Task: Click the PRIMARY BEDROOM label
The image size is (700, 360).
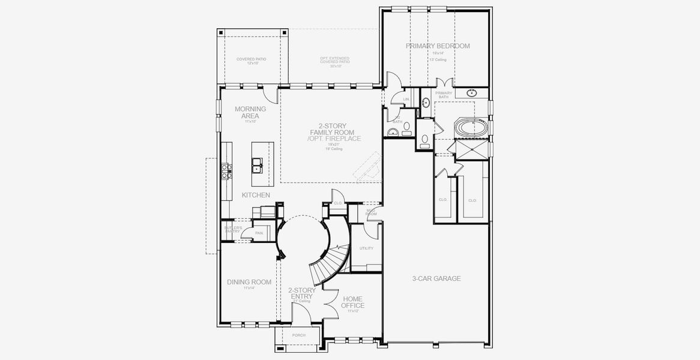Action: point(438,46)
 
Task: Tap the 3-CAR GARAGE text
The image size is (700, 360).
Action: point(436,278)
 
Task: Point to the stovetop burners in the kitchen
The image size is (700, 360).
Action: point(228,171)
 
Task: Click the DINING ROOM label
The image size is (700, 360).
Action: point(249,282)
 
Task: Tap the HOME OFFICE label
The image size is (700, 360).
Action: point(352,302)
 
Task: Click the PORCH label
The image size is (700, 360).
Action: point(298,335)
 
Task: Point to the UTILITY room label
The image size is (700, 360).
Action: point(366,248)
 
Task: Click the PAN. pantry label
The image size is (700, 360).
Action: point(259,233)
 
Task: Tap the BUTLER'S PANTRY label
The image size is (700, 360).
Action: point(234,229)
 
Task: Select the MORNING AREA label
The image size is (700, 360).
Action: point(250,112)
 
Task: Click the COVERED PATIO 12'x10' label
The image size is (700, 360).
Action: point(251,61)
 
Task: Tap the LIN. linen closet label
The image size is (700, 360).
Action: point(406,99)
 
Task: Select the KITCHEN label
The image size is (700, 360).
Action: point(256,196)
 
